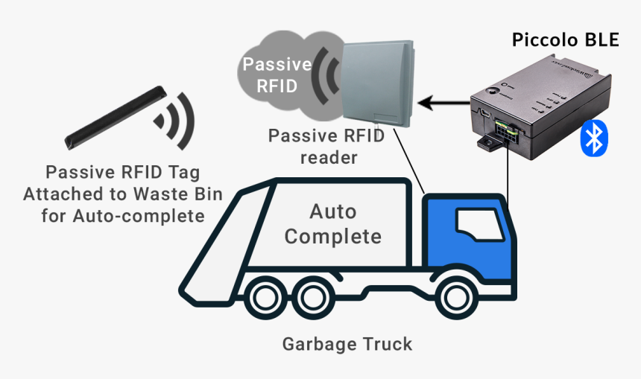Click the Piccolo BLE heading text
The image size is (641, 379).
[565, 40]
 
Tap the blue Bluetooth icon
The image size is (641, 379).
[594, 138]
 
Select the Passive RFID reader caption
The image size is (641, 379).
[326, 147]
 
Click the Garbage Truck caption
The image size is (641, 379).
[347, 344]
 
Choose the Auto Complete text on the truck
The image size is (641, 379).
[332, 225]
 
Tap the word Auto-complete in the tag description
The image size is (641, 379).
[147, 217]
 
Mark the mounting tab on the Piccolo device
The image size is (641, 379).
[489, 141]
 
